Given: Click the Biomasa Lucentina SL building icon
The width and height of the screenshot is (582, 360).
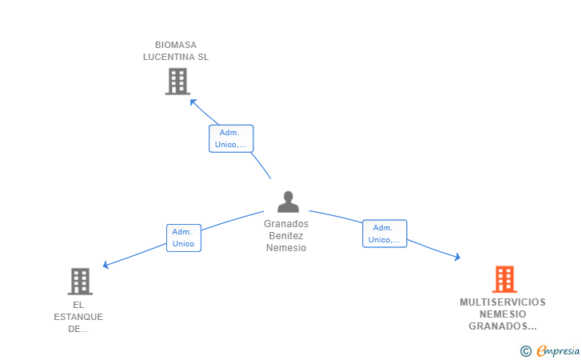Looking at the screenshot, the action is pyautogui.click(x=177, y=82).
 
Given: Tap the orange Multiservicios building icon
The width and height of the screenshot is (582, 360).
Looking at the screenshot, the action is pyautogui.click(x=504, y=279).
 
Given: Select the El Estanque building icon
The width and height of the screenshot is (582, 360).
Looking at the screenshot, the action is pyautogui.click(x=80, y=282).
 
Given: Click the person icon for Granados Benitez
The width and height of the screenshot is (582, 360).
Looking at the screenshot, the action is pyautogui.click(x=288, y=202).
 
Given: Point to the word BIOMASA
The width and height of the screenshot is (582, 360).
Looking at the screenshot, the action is pyautogui.click(x=176, y=45).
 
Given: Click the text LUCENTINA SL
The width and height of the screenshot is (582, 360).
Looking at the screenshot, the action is pyautogui.click(x=176, y=57).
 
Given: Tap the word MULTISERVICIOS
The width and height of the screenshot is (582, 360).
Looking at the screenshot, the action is pyautogui.click(x=503, y=302).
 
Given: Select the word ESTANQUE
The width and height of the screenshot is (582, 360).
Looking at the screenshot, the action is pyautogui.click(x=78, y=317).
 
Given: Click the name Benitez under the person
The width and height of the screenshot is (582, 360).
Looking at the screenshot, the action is pyautogui.click(x=286, y=236).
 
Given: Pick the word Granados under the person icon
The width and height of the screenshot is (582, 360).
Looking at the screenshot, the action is pyautogui.click(x=286, y=224).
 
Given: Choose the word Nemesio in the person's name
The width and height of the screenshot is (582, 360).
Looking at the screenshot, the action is pyautogui.click(x=286, y=248).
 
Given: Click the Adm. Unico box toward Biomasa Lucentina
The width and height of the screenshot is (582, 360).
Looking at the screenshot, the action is pyautogui.click(x=231, y=138).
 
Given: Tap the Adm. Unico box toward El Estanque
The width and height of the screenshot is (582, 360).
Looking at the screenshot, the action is pyautogui.click(x=184, y=238).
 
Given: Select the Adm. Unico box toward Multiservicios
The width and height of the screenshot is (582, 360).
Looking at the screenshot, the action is pyautogui.click(x=385, y=234).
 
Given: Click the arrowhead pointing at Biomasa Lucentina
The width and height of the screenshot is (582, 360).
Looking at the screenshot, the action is pyautogui.click(x=193, y=102).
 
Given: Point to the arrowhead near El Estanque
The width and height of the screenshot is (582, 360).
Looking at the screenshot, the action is pyautogui.click(x=106, y=265).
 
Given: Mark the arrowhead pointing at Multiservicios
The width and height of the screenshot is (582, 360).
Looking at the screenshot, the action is pyautogui.click(x=457, y=257).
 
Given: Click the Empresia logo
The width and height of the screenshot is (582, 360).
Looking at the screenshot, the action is pyautogui.click(x=557, y=350).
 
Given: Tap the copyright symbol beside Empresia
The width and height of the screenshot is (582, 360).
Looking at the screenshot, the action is pyautogui.click(x=525, y=351).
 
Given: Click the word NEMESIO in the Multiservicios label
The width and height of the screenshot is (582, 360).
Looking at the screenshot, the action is pyautogui.click(x=503, y=314).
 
